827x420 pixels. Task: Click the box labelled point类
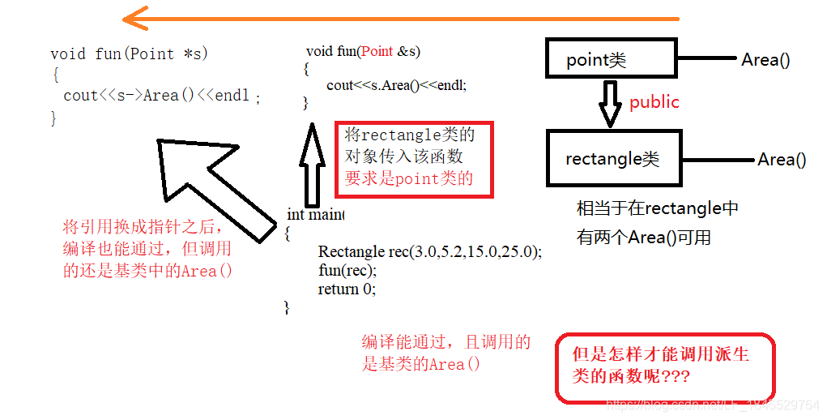[609, 59]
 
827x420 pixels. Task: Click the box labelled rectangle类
[613, 159]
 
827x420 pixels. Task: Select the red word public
[654, 102]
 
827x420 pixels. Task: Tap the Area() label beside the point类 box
[765, 59]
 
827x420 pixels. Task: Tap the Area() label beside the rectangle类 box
[782, 160]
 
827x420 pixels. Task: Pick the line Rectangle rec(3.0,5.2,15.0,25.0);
[429, 251]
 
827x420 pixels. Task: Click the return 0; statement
[347, 289]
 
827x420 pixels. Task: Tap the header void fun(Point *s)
[129, 54]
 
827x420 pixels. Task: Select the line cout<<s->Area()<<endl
[157, 96]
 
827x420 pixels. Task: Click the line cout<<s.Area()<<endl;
[396, 84]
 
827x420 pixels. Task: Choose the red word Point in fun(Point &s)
[377, 51]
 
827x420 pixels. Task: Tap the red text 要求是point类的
[408, 178]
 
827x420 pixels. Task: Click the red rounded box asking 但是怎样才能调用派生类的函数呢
[664, 367]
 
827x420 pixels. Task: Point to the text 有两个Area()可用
[643, 237]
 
